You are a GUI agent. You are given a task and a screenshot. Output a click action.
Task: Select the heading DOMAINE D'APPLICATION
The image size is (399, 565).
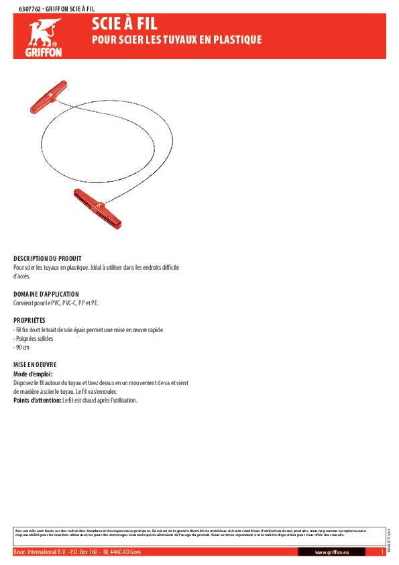[x=46, y=294]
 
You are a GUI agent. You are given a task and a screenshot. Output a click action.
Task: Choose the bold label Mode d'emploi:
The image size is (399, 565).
[x=33, y=374]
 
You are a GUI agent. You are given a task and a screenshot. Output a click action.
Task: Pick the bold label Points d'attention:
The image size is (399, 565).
[x=37, y=401]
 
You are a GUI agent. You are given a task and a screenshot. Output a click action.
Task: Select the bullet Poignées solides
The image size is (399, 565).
[x=34, y=339]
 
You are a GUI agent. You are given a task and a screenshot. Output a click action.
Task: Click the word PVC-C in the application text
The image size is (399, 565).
[x=70, y=303]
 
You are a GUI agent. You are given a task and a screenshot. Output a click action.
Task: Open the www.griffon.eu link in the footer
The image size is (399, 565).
[x=330, y=552]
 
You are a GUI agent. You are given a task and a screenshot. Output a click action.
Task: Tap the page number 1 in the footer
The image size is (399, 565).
[x=381, y=552]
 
